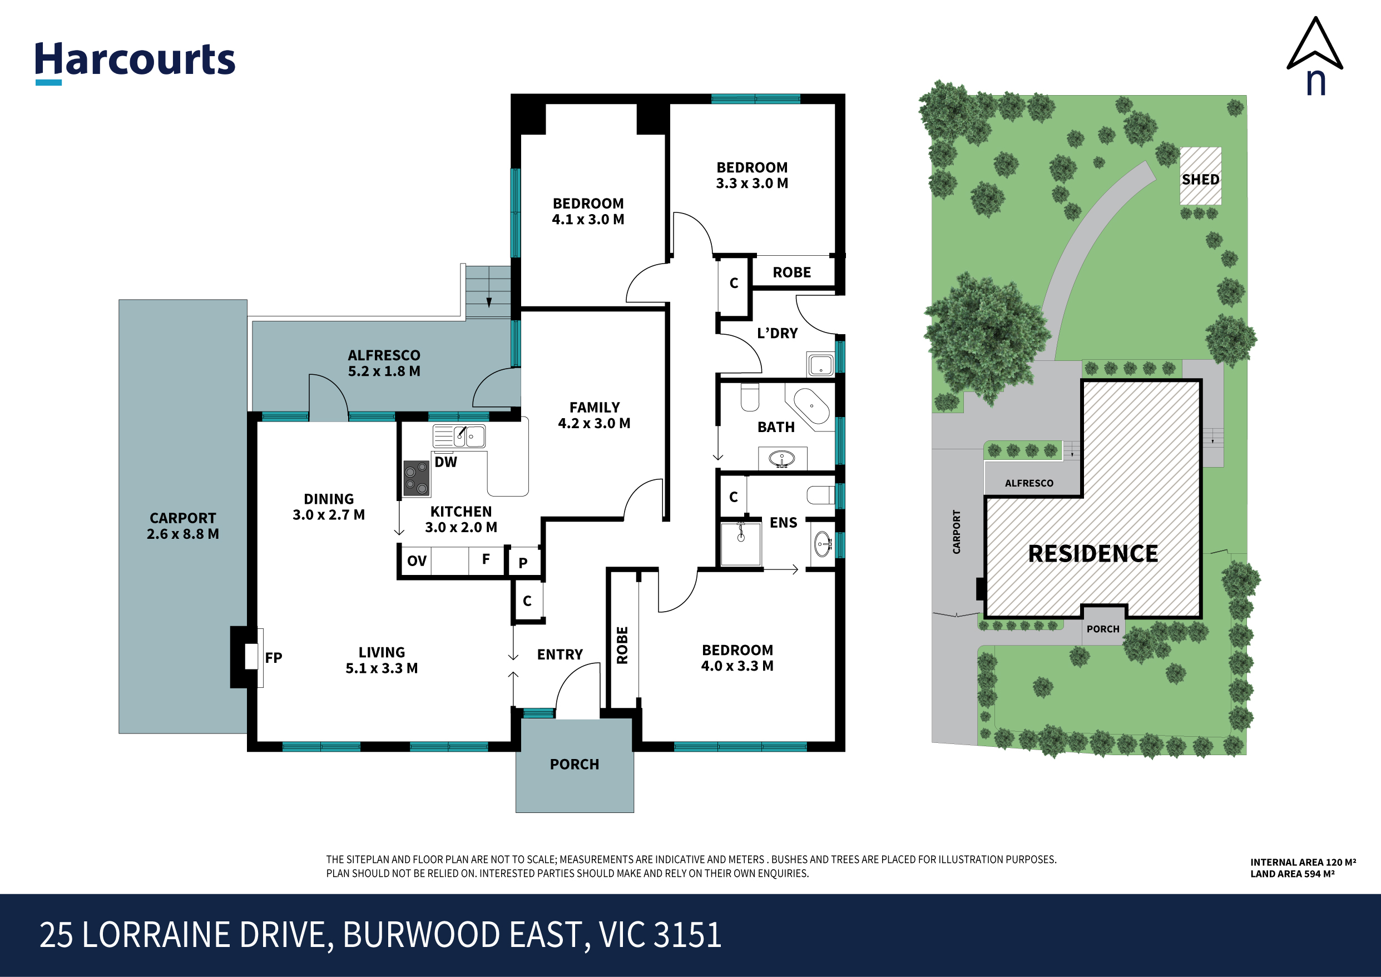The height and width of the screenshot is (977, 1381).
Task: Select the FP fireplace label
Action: [x=273, y=658]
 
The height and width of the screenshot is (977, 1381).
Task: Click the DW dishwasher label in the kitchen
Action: [x=446, y=462]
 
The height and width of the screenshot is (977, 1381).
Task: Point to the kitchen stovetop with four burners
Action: [x=416, y=478]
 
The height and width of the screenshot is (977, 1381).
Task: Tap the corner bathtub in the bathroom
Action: [x=811, y=406]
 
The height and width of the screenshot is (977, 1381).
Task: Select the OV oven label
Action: [x=417, y=561]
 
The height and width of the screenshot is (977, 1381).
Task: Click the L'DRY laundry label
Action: [x=777, y=333]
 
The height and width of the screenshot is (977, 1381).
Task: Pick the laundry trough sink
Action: [x=820, y=365]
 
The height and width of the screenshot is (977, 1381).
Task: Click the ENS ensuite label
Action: [x=783, y=523]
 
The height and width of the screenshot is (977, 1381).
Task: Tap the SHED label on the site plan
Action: [x=1200, y=179]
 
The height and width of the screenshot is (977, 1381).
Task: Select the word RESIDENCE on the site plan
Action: [x=1093, y=553]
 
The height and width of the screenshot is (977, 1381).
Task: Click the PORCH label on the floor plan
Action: [x=574, y=764]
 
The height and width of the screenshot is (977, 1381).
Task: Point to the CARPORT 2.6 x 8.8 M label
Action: [x=182, y=526]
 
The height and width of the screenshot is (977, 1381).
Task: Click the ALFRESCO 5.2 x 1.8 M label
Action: [x=384, y=363]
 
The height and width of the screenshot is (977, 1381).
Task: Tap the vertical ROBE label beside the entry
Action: [x=622, y=645]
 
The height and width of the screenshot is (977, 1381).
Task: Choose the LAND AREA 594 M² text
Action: [x=1292, y=874]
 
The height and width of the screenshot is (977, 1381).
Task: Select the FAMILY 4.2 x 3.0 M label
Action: [x=594, y=415]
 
